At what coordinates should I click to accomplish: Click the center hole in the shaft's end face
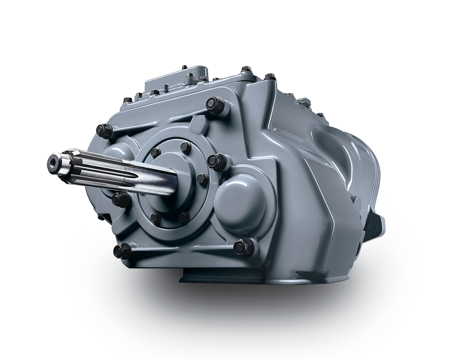pos(54,163)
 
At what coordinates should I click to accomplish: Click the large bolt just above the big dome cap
pos(217,162)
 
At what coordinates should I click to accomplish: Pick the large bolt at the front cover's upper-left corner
pos(104,130)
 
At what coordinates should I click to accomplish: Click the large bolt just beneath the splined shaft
pos(120,200)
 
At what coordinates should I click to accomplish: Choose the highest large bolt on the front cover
pos(216,105)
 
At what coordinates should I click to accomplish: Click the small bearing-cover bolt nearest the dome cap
pos(202,179)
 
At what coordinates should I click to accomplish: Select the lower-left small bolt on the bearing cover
pos(156,218)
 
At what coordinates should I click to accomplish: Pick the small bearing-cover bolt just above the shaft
pos(155,152)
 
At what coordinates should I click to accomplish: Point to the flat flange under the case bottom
pos(259,277)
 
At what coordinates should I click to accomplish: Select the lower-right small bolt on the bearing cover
pos(184,216)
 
